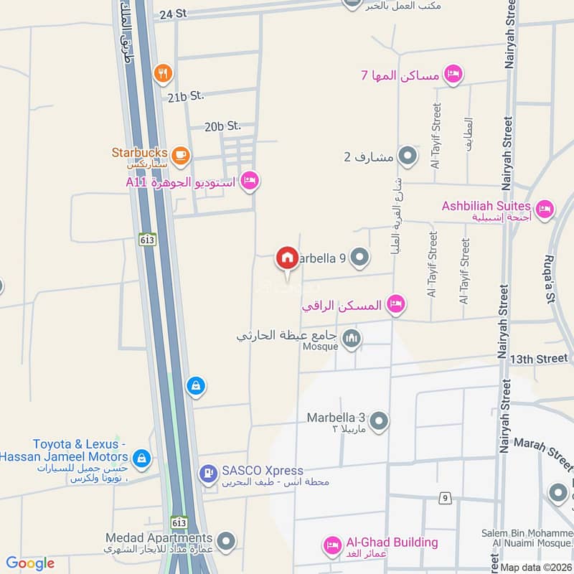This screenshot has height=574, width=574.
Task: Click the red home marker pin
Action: point(287,258)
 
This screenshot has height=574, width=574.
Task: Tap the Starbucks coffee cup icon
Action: point(180,154)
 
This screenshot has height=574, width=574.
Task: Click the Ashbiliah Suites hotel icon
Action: point(545,209)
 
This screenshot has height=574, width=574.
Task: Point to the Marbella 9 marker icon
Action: point(360,257)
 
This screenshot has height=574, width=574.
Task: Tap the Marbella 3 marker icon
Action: point(379,421)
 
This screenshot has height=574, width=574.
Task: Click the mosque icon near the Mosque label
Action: point(351,339)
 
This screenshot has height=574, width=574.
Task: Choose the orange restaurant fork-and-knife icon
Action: point(163,72)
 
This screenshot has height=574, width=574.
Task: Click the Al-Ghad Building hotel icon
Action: point(331,545)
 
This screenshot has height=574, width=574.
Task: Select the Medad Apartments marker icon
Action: point(226,540)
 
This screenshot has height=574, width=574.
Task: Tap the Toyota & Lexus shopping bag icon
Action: point(142,458)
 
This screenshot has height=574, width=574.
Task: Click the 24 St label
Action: point(173,14)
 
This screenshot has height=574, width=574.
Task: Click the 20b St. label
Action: point(222,126)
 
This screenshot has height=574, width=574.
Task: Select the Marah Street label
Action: point(542,450)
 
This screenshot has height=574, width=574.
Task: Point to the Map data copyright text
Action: point(536,567)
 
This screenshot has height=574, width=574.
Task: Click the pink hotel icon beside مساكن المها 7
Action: point(453,73)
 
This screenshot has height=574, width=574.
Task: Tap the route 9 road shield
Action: point(446,497)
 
